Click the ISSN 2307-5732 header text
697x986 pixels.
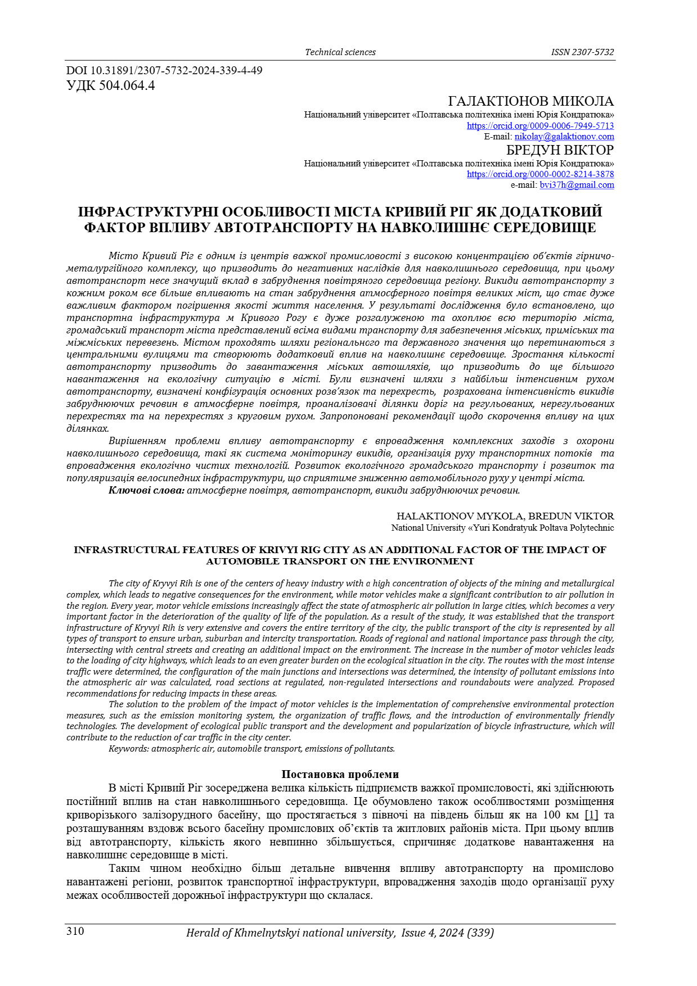582,52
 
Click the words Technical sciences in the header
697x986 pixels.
340,52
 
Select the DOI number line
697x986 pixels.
164,71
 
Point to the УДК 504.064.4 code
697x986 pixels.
110,86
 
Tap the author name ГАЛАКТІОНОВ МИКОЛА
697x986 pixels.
530,101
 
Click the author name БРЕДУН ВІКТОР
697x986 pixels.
560,150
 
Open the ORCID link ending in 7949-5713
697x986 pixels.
540,126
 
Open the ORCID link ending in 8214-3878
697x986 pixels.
540,174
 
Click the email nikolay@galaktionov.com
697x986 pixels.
564,137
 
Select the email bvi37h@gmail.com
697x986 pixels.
577,185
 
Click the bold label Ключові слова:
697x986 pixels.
146,490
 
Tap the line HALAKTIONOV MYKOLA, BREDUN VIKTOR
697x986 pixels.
505,516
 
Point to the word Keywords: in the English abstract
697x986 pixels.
129,749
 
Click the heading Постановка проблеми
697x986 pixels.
340,775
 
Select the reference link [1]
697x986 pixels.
591,815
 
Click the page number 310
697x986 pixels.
75,931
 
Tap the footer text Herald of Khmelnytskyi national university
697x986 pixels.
290,933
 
